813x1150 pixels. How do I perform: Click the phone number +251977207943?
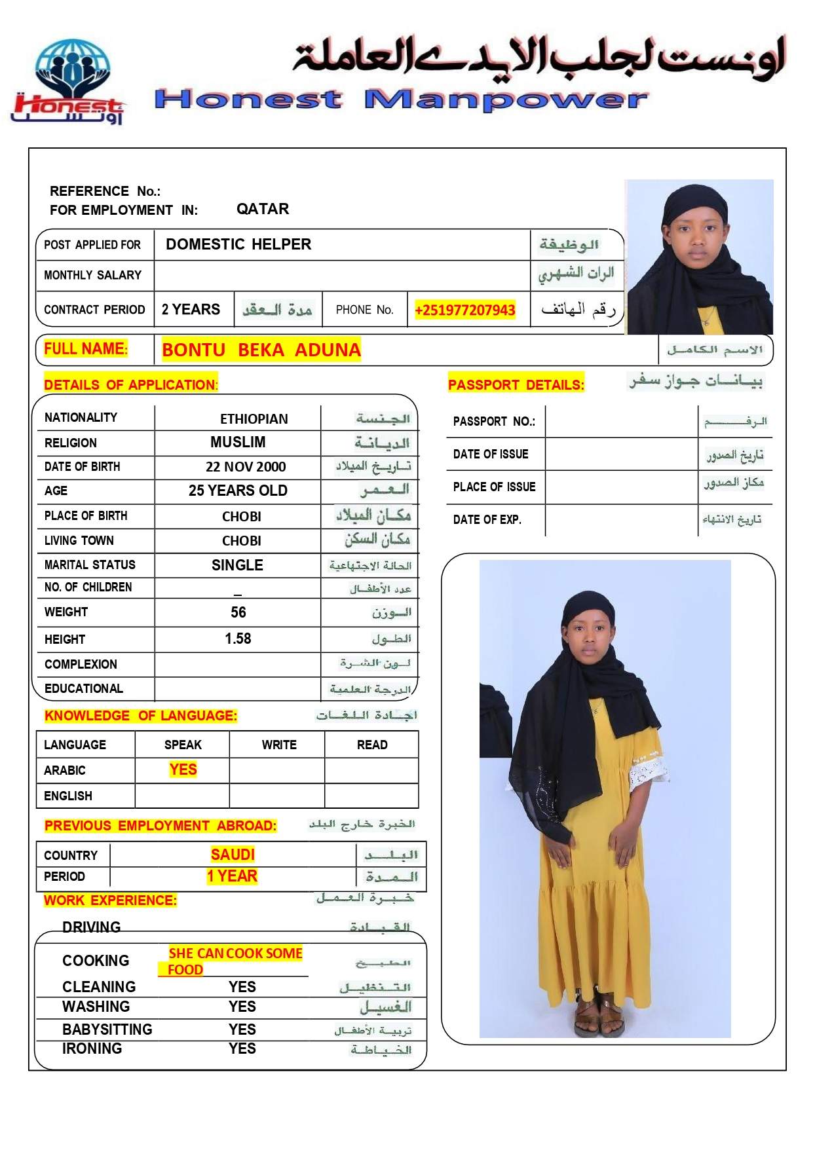click(x=464, y=310)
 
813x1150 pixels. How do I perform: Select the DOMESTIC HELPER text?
click(x=238, y=244)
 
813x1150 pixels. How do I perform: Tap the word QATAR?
click(x=263, y=209)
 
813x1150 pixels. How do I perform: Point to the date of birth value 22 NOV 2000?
click(x=246, y=467)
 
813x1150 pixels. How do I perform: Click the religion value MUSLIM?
click(x=238, y=443)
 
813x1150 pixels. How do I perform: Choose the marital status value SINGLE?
click(x=237, y=565)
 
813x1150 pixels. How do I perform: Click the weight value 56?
click(x=238, y=612)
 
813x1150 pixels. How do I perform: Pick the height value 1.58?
click(x=238, y=639)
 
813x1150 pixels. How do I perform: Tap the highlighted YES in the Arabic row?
click(x=183, y=770)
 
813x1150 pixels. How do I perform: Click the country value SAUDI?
click(x=233, y=855)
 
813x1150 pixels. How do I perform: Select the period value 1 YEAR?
click(x=232, y=876)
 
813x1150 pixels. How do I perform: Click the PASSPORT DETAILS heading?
click(x=516, y=384)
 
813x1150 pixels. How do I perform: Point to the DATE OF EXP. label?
click(x=487, y=520)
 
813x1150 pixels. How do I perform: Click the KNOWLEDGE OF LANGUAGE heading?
click(x=141, y=716)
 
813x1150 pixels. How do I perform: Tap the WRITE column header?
click(x=279, y=745)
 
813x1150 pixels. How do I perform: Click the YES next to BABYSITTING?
click(x=242, y=1029)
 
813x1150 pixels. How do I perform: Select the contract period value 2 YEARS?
click(x=191, y=310)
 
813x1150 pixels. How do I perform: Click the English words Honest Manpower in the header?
click(x=401, y=100)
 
